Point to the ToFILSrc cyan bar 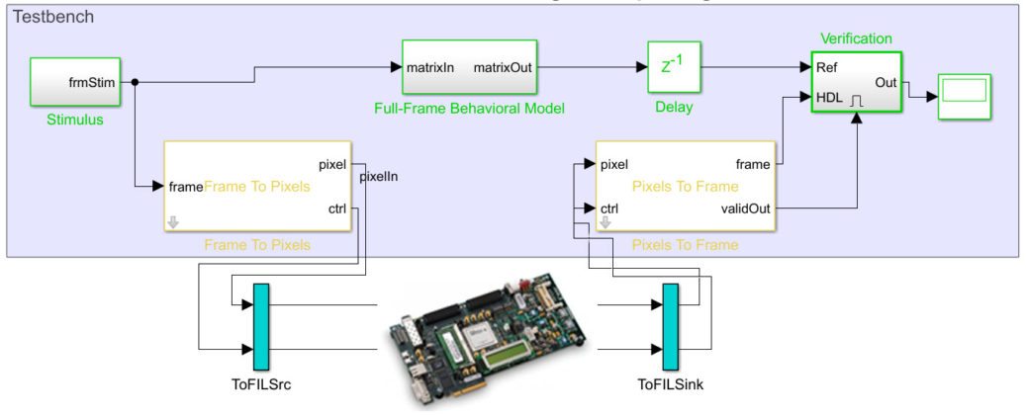pyautogui.click(x=261, y=322)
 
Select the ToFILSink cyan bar pyautogui.click(x=670, y=322)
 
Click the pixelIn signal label pyautogui.click(x=378, y=177)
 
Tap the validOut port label pyautogui.click(x=749, y=208)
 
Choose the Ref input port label pyautogui.click(x=827, y=68)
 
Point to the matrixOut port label pyautogui.click(x=504, y=68)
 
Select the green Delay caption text pyautogui.click(x=672, y=107)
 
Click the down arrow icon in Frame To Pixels pyautogui.click(x=173, y=222)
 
